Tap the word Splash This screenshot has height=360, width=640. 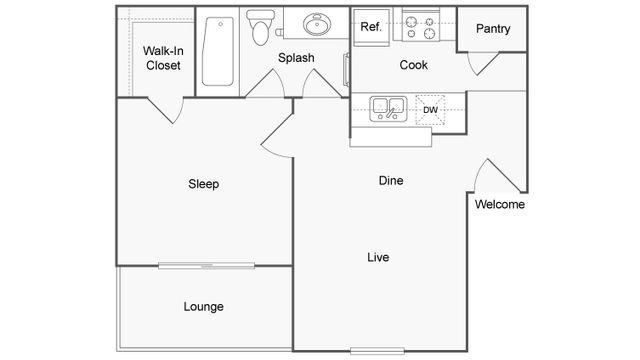(296, 58)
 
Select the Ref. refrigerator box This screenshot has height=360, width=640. (370, 27)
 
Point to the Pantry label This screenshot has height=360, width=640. (493, 29)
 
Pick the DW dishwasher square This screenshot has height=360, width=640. (431, 109)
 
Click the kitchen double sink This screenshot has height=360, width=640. (386, 108)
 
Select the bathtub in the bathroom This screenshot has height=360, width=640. (216, 50)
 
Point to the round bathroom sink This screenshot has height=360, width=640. (320, 25)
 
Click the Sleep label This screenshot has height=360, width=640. (204, 184)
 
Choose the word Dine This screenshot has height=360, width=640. (390, 181)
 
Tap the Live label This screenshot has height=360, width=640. (377, 258)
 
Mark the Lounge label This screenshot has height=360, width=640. (203, 306)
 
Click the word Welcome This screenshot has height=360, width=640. (500, 205)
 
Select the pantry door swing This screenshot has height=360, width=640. (484, 63)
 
